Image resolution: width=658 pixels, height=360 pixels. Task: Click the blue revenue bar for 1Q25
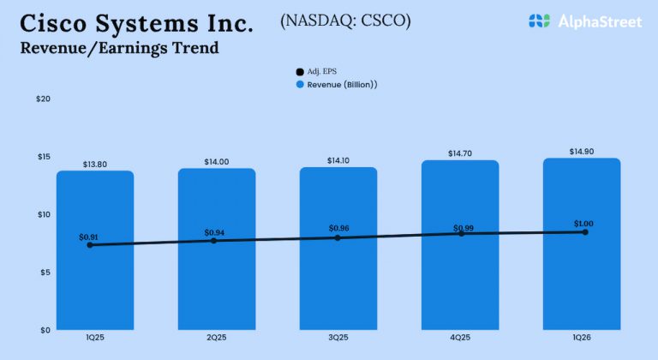pos(95,283)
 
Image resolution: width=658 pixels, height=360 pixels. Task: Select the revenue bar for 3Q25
pos(338,283)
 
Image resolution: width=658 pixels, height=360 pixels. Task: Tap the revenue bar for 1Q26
pos(582,283)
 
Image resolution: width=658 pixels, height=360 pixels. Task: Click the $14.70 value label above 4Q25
pos(460,153)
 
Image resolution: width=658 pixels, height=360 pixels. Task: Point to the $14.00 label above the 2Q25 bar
pos(217,162)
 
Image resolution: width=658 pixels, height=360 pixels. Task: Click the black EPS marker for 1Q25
pos(91,245)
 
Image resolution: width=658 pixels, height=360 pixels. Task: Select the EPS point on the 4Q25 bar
pos(462,234)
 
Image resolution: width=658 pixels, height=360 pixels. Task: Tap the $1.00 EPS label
pos(583,224)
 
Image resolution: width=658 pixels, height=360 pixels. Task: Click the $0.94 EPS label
pos(214,232)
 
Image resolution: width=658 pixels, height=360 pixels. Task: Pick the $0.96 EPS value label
pos(339,229)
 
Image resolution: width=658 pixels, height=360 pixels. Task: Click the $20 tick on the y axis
pos(43,99)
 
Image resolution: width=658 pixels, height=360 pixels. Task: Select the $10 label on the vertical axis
pos(43,214)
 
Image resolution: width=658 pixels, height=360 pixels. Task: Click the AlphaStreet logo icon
pos(538,21)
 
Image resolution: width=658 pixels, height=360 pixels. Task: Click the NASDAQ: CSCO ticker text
pos(345,21)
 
